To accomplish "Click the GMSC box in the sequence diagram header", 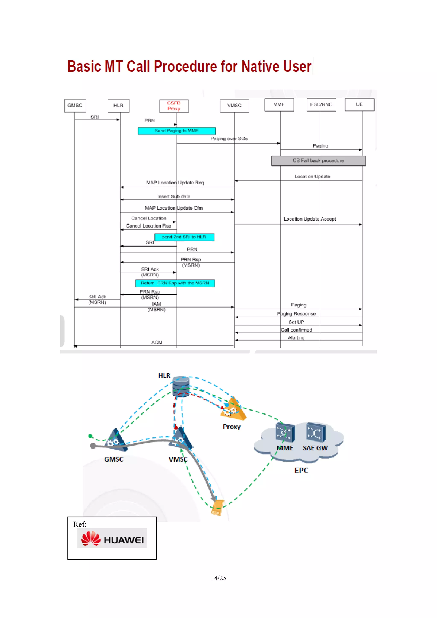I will (75, 106).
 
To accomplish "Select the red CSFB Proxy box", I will (174, 106).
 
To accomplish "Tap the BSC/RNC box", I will (321, 104).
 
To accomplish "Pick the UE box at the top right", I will (360, 104).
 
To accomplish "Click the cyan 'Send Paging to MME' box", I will (177, 131).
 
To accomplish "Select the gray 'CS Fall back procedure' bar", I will (318, 161).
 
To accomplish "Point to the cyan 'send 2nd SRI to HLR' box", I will (184, 237).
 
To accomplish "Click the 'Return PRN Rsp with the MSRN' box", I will (175, 283).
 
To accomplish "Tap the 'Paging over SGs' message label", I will (229, 139).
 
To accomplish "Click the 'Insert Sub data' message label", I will (174, 196).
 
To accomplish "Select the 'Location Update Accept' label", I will (310, 219).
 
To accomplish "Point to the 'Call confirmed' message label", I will (296, 330).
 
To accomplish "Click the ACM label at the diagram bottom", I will (157, 342).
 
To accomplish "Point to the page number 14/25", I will (218, 578).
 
